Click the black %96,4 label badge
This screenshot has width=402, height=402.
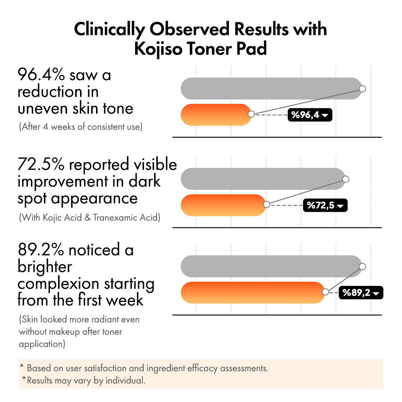coord(310,115)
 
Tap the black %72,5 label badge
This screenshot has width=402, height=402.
coord(325,205)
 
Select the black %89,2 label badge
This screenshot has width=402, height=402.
coord(361,293)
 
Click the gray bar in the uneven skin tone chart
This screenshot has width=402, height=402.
coord(271,89)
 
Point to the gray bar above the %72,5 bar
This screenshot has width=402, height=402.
coord(263,179)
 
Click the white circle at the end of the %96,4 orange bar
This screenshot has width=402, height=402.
coord(251,114)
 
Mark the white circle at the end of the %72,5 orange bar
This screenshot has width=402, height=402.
coord(267,204)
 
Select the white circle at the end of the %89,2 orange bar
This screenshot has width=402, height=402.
coord(325,292)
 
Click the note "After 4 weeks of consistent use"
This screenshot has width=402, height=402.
coord(81,127)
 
